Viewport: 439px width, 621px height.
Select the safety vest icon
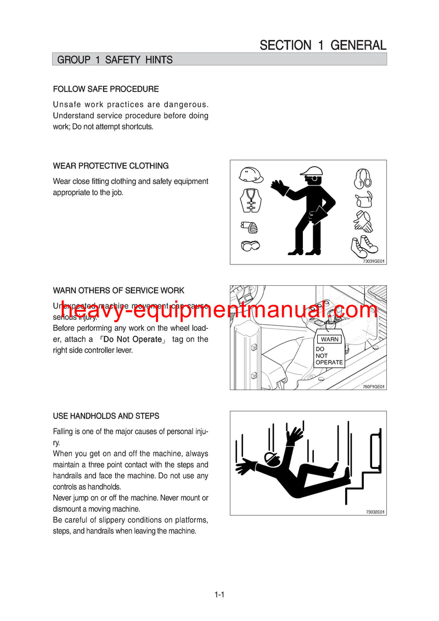click(251, 201)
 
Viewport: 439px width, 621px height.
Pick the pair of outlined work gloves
click(363, 221)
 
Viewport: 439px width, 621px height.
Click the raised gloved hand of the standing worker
click(280, 187)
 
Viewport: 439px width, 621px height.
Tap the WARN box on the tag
click(330, 339)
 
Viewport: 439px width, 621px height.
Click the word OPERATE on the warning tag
click(329, 363)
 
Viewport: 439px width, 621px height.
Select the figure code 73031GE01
click(374, 261)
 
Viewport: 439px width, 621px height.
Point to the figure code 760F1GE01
click(374, 387)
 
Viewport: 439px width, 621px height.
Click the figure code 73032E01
click(375, 512)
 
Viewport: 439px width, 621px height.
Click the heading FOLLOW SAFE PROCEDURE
click(106, 89)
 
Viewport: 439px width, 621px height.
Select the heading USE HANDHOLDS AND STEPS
click(106, 416)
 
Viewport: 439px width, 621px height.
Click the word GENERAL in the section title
click(359, 45)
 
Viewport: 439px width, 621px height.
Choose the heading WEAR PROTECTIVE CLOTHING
click(111, 166)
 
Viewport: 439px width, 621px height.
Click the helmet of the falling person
click(271, 458)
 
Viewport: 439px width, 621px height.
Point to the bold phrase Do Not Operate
click(132, 340)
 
